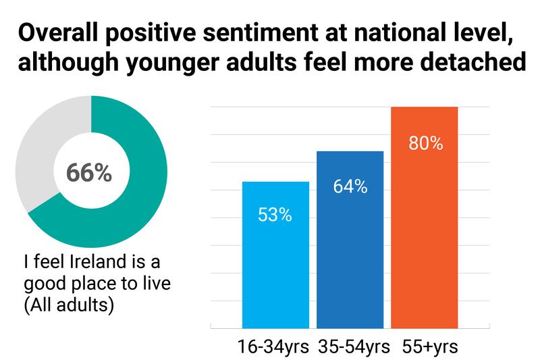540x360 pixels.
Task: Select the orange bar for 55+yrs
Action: coord(425,236)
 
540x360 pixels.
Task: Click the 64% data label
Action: coord(350,186)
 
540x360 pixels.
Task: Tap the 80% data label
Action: coord(425,143)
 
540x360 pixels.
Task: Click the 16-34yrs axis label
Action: coord(273,347)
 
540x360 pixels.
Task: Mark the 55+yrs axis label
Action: coord(430,347)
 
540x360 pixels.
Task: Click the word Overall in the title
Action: coord(59,33)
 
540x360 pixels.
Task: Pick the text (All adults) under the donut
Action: coord(68,304)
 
